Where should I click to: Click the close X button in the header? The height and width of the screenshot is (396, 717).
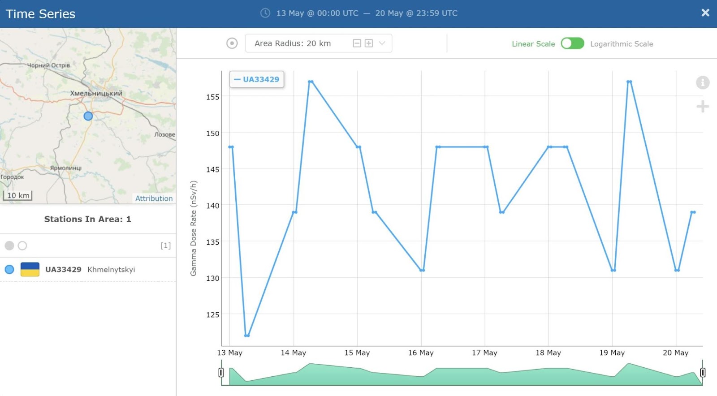[705, 13]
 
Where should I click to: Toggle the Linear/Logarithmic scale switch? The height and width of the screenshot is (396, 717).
[572, 43]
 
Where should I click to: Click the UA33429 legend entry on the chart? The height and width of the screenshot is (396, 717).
[256, 79]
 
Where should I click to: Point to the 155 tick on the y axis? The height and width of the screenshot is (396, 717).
[212, 97]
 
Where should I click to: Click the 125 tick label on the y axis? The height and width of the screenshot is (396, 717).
[212, 315]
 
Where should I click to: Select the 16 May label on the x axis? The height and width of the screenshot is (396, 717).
[421, 353]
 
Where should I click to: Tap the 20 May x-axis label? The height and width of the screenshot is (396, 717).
[675, 353]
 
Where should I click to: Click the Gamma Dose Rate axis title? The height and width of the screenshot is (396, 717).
[193, 228]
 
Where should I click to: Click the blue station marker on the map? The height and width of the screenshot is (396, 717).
[88, 116]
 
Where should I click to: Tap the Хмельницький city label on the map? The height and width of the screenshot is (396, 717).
[96, 94]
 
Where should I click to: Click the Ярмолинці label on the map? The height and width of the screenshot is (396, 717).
[65, 168]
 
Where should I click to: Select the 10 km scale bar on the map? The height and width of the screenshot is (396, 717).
[17, 195]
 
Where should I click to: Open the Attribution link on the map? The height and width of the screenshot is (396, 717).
[154, 198]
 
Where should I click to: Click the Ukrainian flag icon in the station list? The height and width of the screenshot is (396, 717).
[30, 269]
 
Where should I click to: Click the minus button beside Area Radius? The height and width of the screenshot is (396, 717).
[357, 43]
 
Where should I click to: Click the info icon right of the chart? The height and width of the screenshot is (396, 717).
[703, 82]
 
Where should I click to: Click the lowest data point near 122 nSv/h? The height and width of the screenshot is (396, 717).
[247, 336]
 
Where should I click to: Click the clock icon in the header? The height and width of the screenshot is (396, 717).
[265, 13]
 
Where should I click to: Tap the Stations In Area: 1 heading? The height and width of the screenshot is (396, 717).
[87, 219]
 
